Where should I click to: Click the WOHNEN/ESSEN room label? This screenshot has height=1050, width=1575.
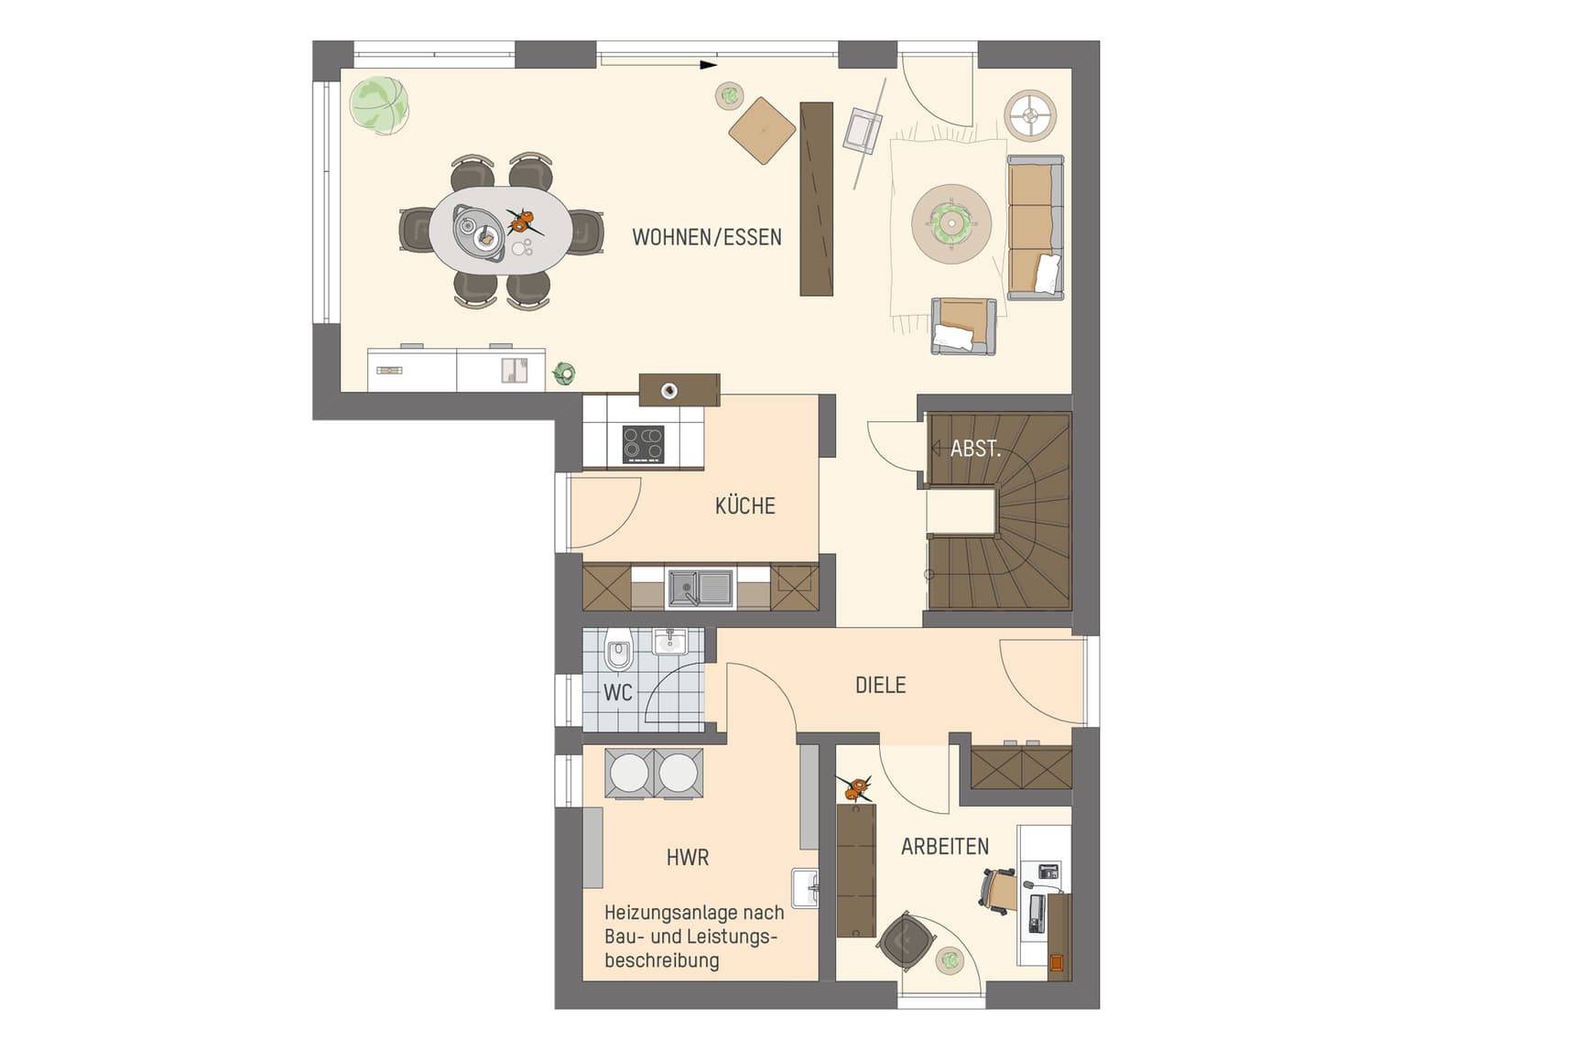click(707, 238)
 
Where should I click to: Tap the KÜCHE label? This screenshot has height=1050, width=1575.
click(745, 505)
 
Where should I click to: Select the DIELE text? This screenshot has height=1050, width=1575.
click(880, 685)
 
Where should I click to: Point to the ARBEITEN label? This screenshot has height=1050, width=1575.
click(945, 847)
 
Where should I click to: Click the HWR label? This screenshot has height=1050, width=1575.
click(688, 858)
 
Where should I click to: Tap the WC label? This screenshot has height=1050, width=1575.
click(618, 693)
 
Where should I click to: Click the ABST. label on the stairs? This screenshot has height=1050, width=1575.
click(975, 449)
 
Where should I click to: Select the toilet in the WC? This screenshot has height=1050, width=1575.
click(619, 651)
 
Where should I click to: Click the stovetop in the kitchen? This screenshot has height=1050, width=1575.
click(643, 445)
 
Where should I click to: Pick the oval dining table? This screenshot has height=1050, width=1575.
click(501, 230)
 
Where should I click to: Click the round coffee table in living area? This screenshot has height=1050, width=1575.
click(951, 223)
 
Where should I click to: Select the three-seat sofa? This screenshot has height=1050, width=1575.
click(1036, 228)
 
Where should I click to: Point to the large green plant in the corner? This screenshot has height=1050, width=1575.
click(378, 104)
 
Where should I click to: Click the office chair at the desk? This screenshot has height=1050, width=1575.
click(996, 891)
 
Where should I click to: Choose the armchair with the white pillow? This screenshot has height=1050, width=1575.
click(963, 326)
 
